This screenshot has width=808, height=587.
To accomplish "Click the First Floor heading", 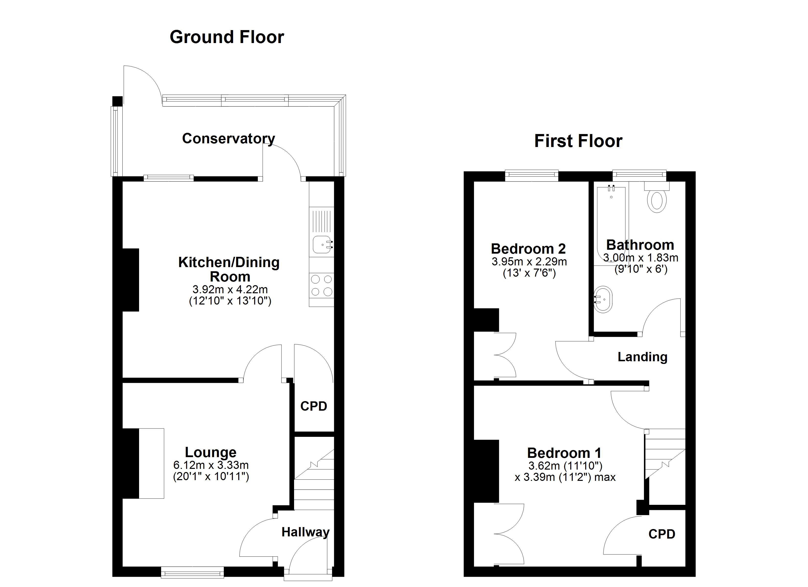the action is pyautogui.click(x=578, y=141).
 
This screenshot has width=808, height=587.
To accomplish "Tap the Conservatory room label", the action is pyautogui.click(x=228, y=138).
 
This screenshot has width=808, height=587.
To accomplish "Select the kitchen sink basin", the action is pyautogui.click(x=322, y=245).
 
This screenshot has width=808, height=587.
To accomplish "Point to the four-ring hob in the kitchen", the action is pyautogui.click(x=322, y=285).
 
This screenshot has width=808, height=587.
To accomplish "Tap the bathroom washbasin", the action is pyautogui.click(x=603, y=299).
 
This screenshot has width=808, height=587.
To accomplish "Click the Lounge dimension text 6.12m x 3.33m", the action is pyautogui.click(x=211, y=465).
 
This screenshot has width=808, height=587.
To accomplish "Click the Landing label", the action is pyautogui.click(x=642, y=357).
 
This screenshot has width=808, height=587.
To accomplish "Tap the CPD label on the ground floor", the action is pyautogui.click(x=313, y=406).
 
